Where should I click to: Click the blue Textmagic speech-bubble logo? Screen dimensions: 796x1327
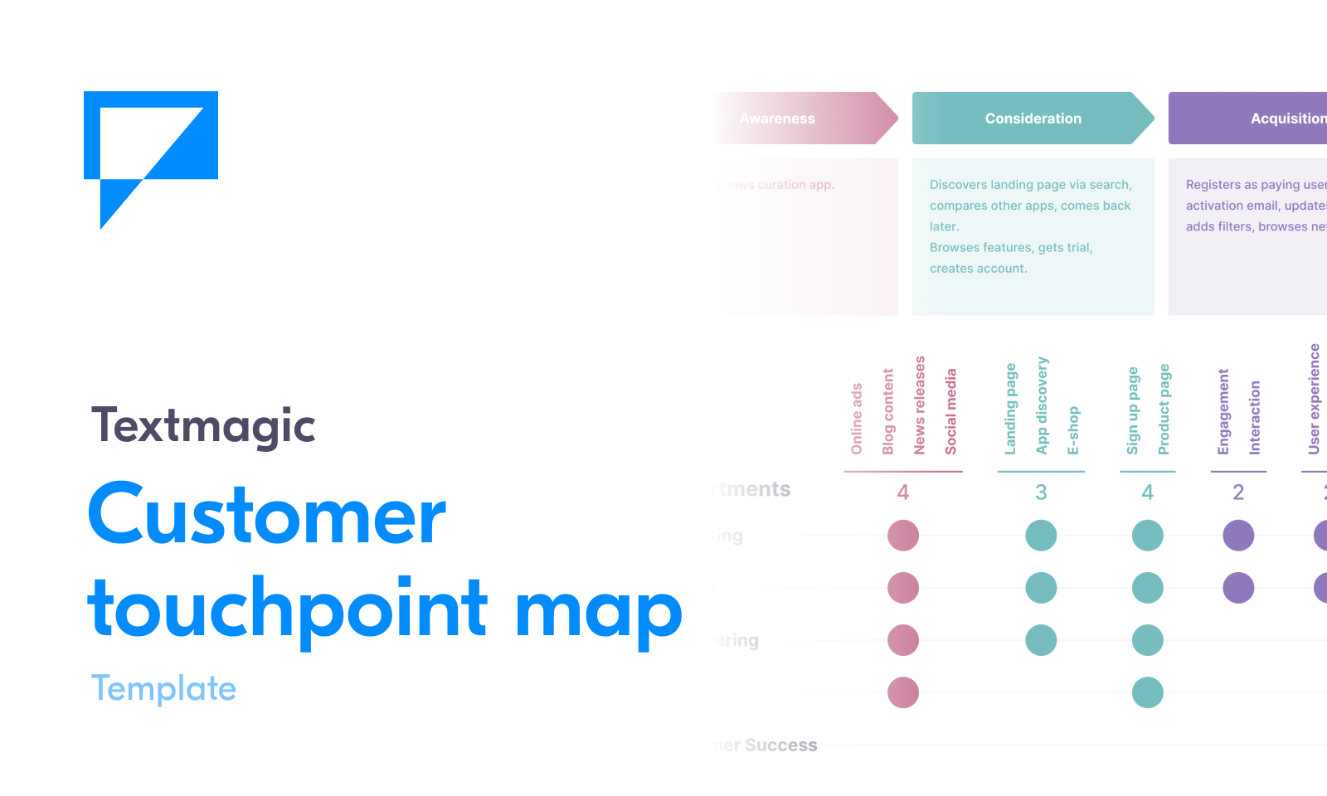pos(151,149)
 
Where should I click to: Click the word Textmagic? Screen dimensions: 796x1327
pos(203,426)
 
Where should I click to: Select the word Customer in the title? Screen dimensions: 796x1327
pos(267,515)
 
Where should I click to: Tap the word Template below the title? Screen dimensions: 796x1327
pos(163,689)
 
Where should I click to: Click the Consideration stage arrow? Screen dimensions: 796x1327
pos(1033,119)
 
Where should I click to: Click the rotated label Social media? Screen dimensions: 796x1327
pos(951,411)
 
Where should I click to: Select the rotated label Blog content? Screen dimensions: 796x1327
pos(888,411)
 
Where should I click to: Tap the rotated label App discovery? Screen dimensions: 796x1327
pos(1043,405)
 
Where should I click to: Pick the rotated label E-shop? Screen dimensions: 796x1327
pos(1073,430)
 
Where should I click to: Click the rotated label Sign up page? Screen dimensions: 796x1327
pos(1133,410)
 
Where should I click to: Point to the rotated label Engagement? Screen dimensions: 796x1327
pos(1223,411)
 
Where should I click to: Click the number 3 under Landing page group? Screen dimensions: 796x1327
pos(1041,493)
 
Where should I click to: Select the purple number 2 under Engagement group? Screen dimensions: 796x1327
pos(1238,493)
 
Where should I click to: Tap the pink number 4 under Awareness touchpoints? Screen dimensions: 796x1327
pos(903,493)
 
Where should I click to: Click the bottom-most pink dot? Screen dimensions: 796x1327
pos(903,692)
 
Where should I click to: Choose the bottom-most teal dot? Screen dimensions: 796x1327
pos(1148,692)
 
